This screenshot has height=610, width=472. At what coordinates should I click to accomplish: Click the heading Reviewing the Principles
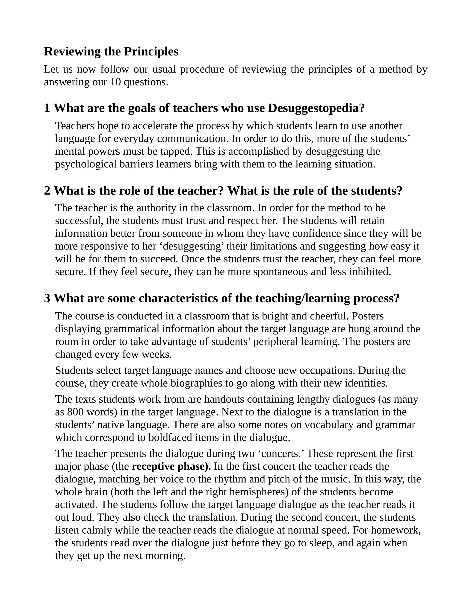[111, 52]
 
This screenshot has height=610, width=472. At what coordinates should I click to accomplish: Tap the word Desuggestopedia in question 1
[316, 108]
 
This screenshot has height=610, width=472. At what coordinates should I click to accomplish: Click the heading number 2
[47, 191]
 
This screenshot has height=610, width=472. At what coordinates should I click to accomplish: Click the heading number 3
[47, 299]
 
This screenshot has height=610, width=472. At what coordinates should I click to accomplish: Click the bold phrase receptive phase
[171, 466]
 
